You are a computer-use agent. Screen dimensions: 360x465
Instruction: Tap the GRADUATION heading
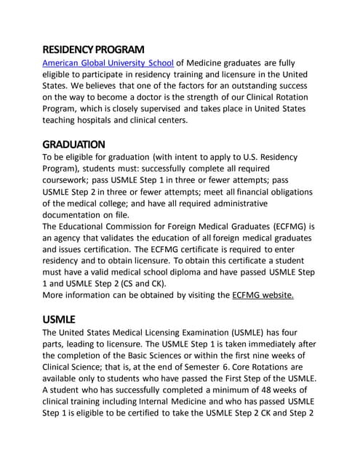74,144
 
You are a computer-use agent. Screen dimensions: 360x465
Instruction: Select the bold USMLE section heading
60,319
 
